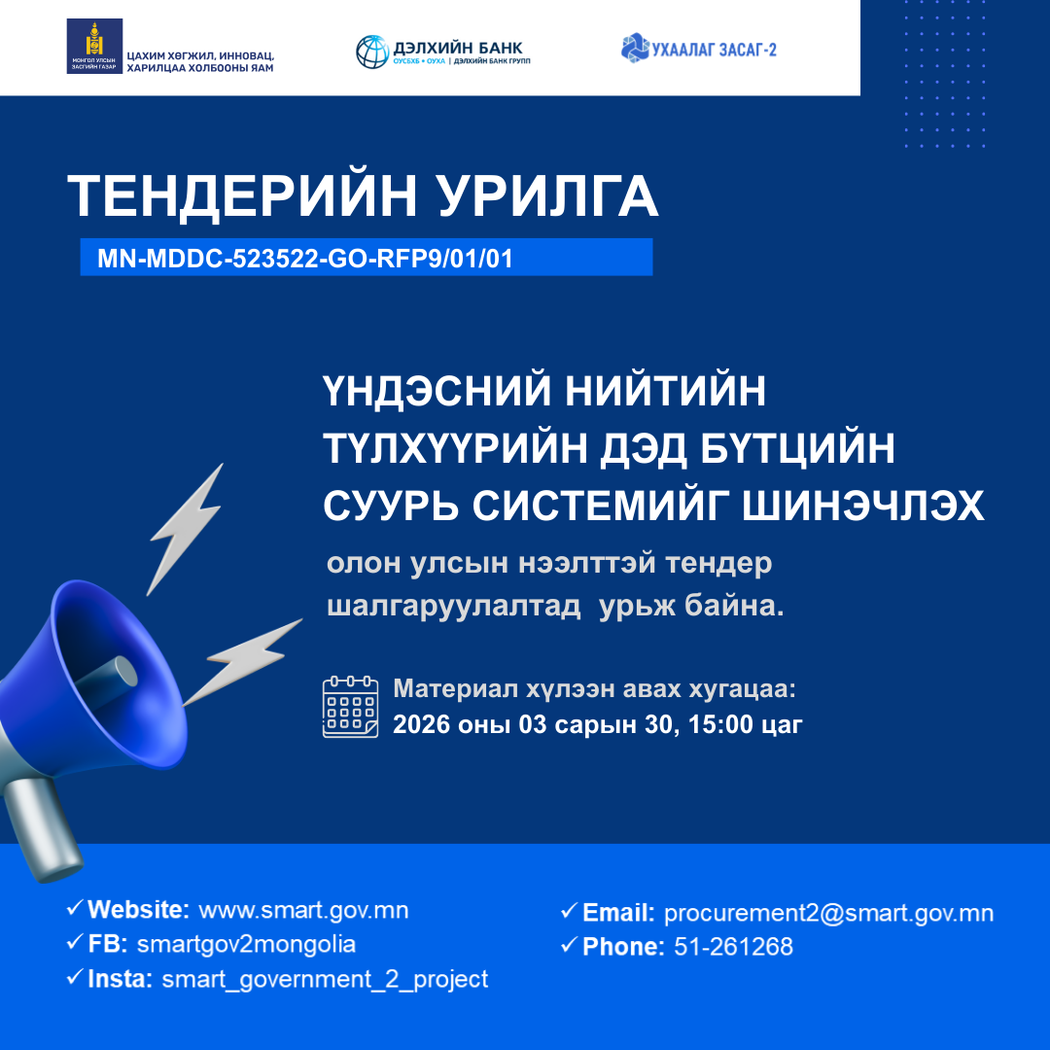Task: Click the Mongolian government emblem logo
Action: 94,47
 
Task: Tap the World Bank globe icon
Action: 371,52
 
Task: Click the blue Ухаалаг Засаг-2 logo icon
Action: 635,47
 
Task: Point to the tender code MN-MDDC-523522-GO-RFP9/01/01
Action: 304,259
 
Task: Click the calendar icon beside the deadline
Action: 350,707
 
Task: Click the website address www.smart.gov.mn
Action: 303,910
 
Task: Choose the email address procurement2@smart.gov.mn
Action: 828,913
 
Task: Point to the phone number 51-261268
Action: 733,946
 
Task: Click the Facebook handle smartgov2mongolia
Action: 247,944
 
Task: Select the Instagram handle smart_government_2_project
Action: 325,978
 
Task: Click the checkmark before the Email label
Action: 569,912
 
